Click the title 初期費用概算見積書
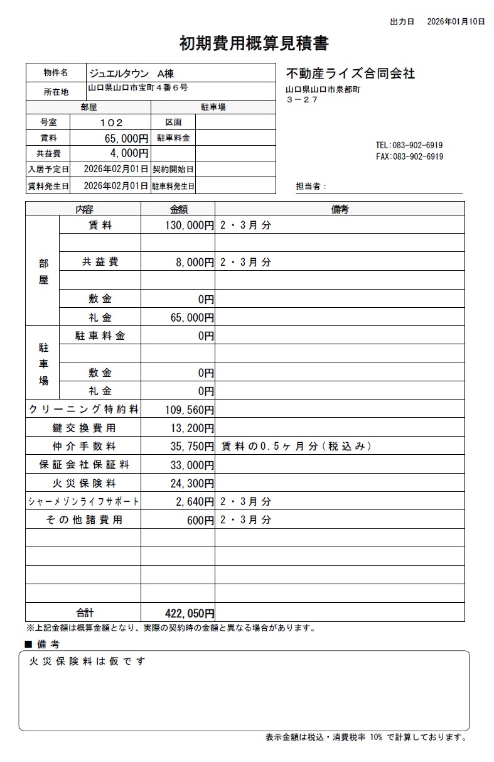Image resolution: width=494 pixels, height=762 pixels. tap(254, 43)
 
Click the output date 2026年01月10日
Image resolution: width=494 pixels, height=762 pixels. tap(456, 21)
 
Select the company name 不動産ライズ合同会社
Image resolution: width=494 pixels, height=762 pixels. tap(350, 73)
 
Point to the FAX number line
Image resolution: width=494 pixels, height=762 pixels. tap(409, 156)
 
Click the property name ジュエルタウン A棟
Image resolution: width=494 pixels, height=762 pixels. tap(136, 73)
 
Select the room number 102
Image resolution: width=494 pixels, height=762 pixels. tap(111, 122)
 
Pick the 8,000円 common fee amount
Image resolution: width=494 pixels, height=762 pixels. tap(195, 262)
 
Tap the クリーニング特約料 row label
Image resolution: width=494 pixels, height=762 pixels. tap(83, 410)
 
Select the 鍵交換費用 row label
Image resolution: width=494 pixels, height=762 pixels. tap(83, 428)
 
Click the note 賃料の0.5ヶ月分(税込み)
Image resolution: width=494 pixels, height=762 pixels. tap(296, 447)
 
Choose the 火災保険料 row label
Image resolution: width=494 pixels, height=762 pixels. tap(83, 484)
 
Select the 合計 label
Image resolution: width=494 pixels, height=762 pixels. tap(84, 612)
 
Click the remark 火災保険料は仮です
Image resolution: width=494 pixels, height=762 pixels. tap(87, 661)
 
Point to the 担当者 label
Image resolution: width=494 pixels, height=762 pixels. tap(311, 187)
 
